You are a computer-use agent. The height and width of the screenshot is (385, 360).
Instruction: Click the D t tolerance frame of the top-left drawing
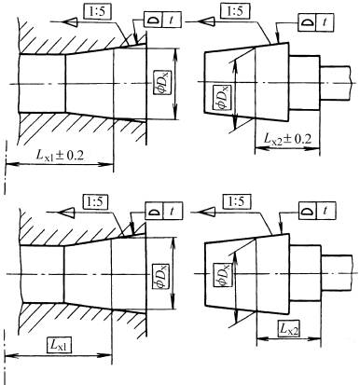coord(159,21)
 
